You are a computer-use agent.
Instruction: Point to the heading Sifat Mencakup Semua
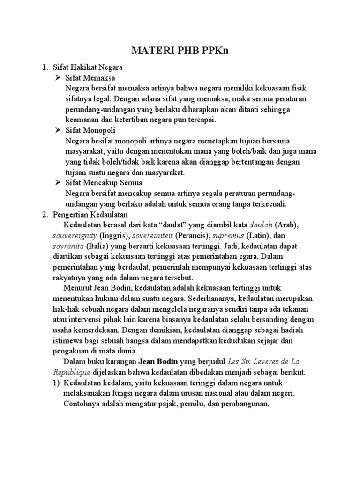[105, 182]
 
